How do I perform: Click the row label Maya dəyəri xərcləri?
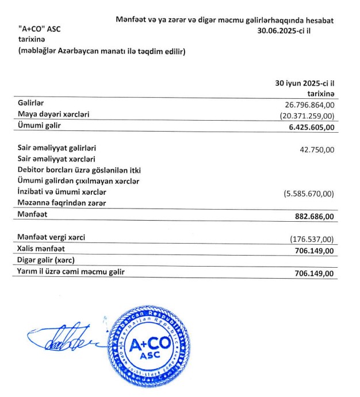(53, 114)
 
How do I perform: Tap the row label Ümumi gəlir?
(39, 125)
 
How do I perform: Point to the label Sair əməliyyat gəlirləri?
(57, 148)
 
